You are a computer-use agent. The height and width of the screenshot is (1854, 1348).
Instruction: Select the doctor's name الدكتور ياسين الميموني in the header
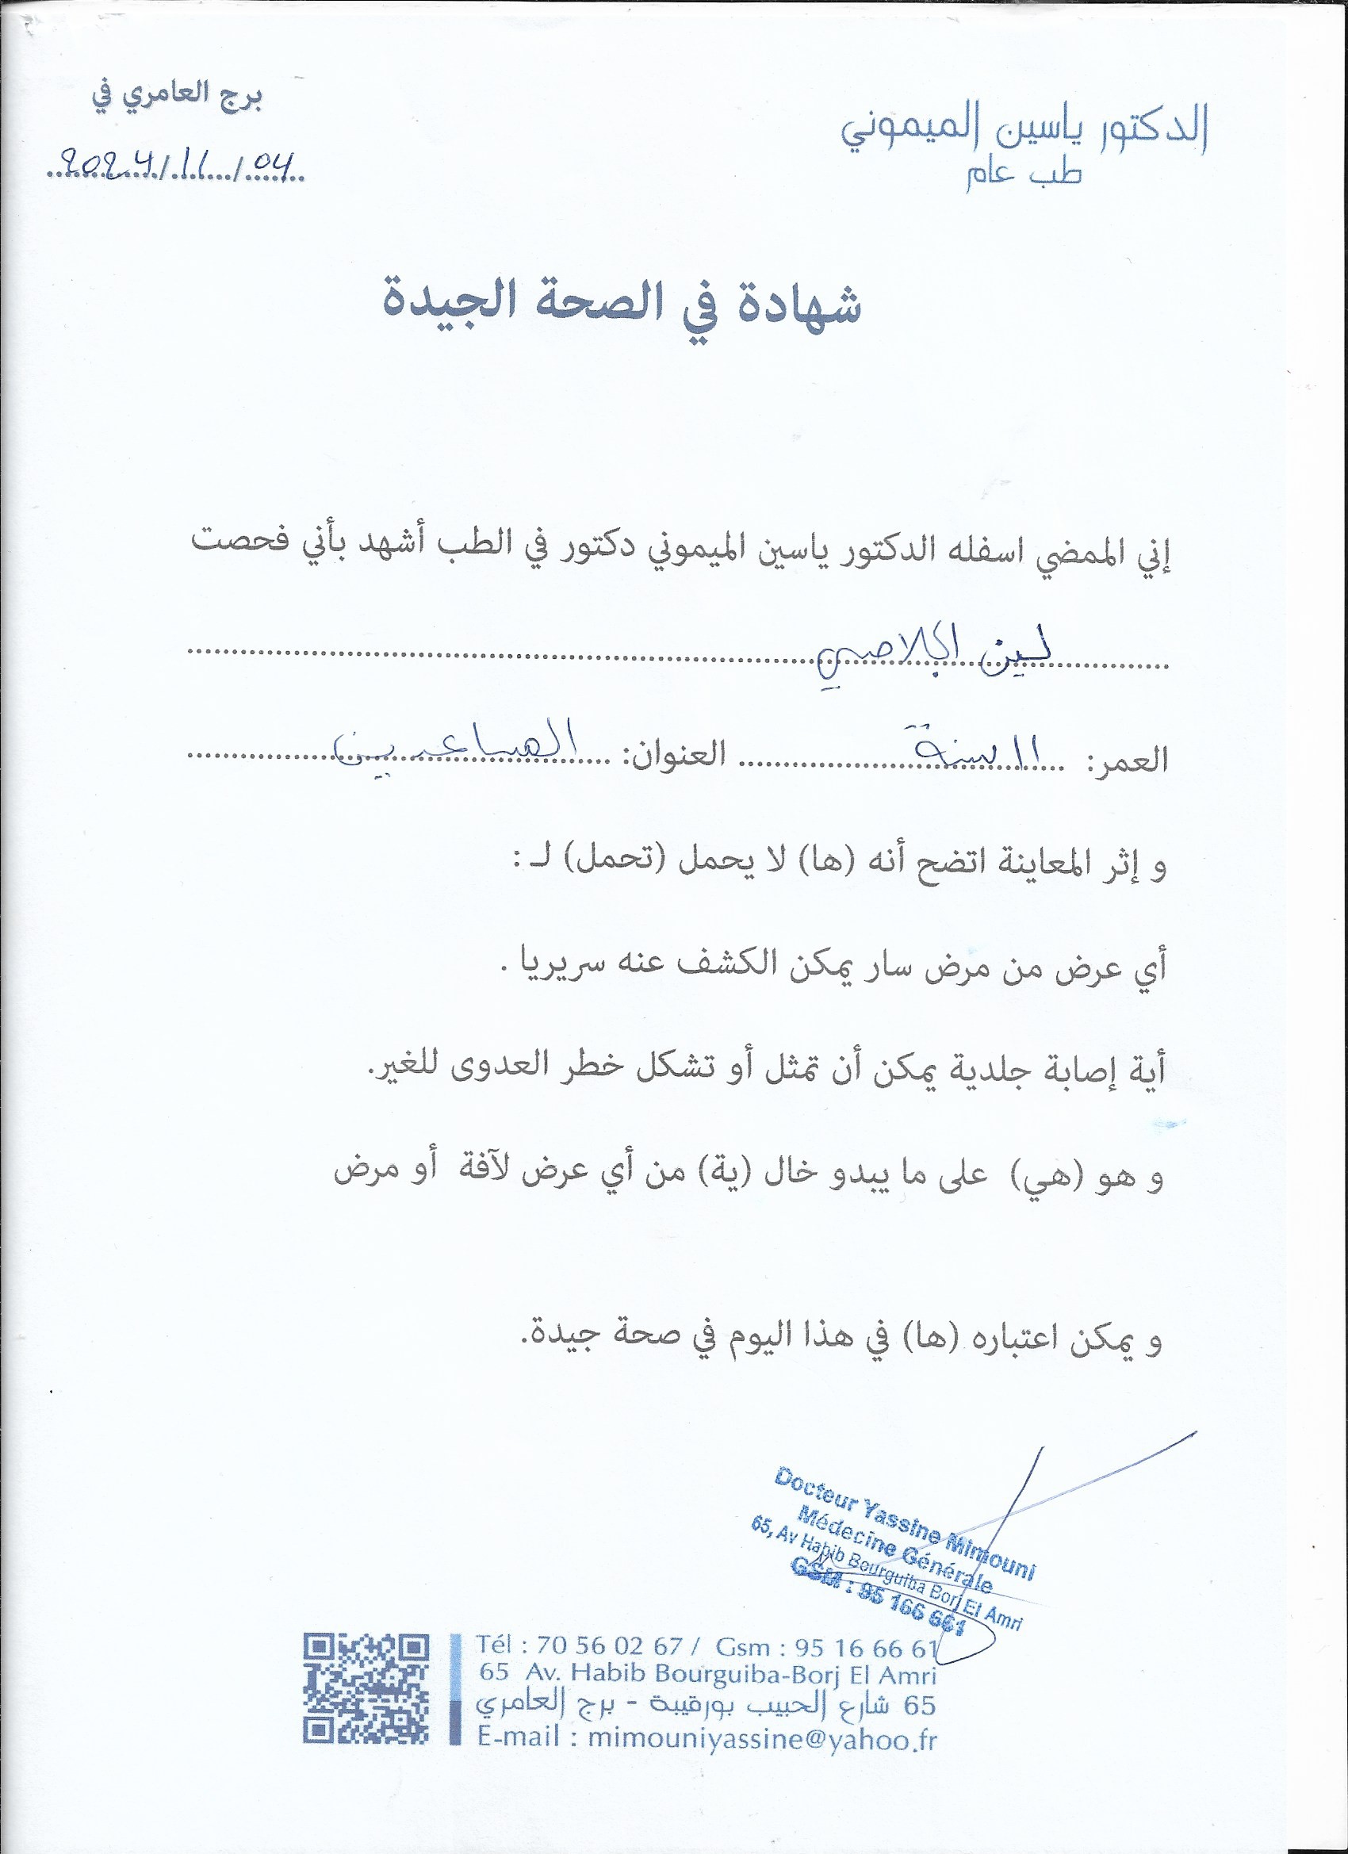[1026, 130]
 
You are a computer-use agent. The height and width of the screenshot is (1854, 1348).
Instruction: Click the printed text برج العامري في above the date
[177, 97]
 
